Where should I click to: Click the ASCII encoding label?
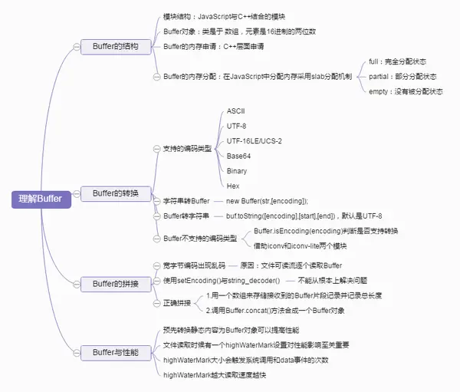pos(235,112)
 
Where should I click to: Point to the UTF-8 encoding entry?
pos(236,126)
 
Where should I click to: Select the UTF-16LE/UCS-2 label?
pos(254,141)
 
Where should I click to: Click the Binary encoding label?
pos(237,170)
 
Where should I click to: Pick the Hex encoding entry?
pos(233,186)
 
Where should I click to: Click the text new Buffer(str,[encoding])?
pos(266,200)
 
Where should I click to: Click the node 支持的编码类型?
pos(189,148)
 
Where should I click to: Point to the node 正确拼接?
pos(178,303)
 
